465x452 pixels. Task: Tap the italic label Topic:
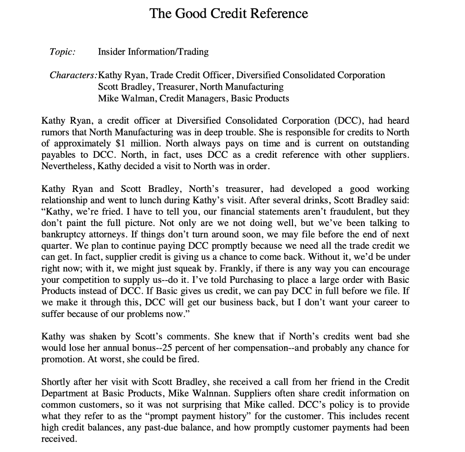(62, 52)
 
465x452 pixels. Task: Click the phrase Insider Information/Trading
(153, 52)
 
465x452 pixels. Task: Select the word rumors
(54, 132)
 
